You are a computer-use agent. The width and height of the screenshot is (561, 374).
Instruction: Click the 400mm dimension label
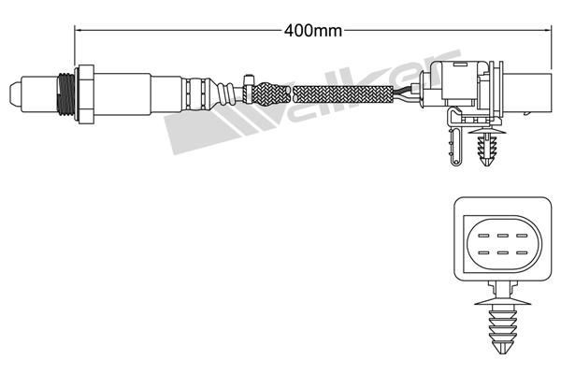tap(313, 30)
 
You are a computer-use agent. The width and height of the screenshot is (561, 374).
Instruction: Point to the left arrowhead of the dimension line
tap(79, 30)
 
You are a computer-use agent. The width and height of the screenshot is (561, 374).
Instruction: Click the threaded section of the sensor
tap(64, 93)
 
